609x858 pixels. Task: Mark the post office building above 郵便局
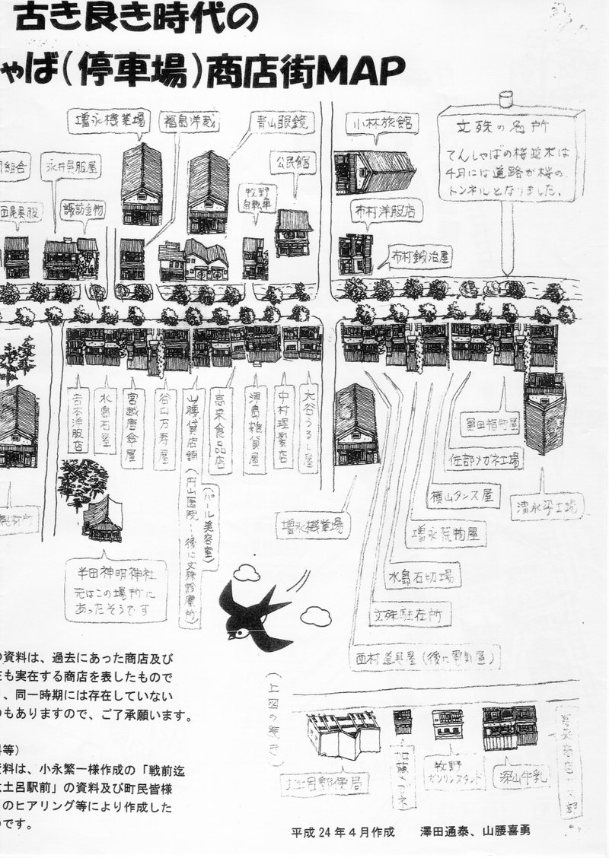click(343, 736)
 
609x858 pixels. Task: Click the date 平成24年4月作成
click(343, 831)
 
